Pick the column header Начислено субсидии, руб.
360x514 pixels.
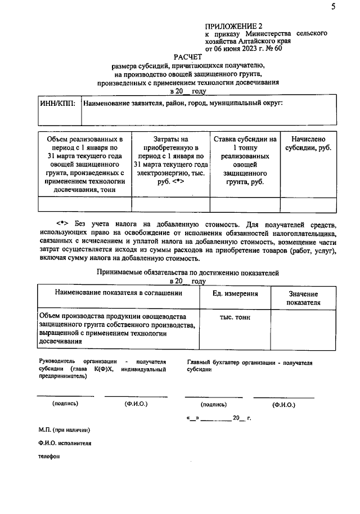pyautogui.click(x=308, y=144)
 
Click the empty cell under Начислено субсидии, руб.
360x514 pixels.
pyautogui.click(x=308, y=204)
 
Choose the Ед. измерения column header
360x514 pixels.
pyautogui.click(x=235, y=294)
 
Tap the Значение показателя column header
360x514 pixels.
pyautogui.click(x=303, y=298)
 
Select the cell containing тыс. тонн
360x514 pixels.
pyautogui.click(x=235, y=318)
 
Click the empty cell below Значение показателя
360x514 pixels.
pyautogui.click(x=303, y=329)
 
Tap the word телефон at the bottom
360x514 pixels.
pyautogui.click(x=49, y=457)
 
